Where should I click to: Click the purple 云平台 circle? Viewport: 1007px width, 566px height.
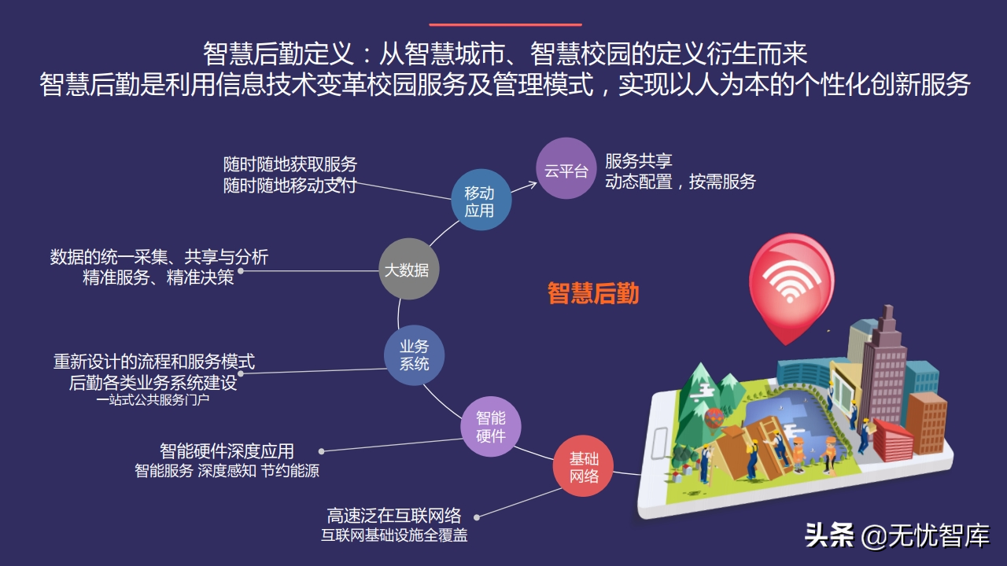tap(566, 169)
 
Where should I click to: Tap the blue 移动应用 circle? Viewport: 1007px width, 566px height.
tap(481, 201)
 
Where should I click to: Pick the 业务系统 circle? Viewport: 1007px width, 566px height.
tap(414, 355)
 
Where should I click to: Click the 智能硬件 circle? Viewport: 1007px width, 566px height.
tap(491, 427)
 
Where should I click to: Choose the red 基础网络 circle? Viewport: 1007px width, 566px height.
tap(583, 466)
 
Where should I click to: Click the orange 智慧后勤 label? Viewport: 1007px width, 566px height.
tap(593, 293)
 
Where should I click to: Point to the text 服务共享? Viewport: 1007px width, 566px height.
tap(639, 161)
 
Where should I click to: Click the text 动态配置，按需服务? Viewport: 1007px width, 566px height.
tap(680, 182)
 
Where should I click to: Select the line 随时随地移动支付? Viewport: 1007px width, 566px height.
tap(290, 185)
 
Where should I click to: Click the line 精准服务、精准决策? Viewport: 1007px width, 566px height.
tap(158, 277)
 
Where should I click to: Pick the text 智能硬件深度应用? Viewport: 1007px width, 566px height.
tap(227, 450)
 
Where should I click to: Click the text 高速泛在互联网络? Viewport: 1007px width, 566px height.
tap(393, 516)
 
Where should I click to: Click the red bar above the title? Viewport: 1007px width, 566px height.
tap(505, 24)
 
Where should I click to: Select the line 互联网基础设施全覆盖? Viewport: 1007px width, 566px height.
tap(394, 536)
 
